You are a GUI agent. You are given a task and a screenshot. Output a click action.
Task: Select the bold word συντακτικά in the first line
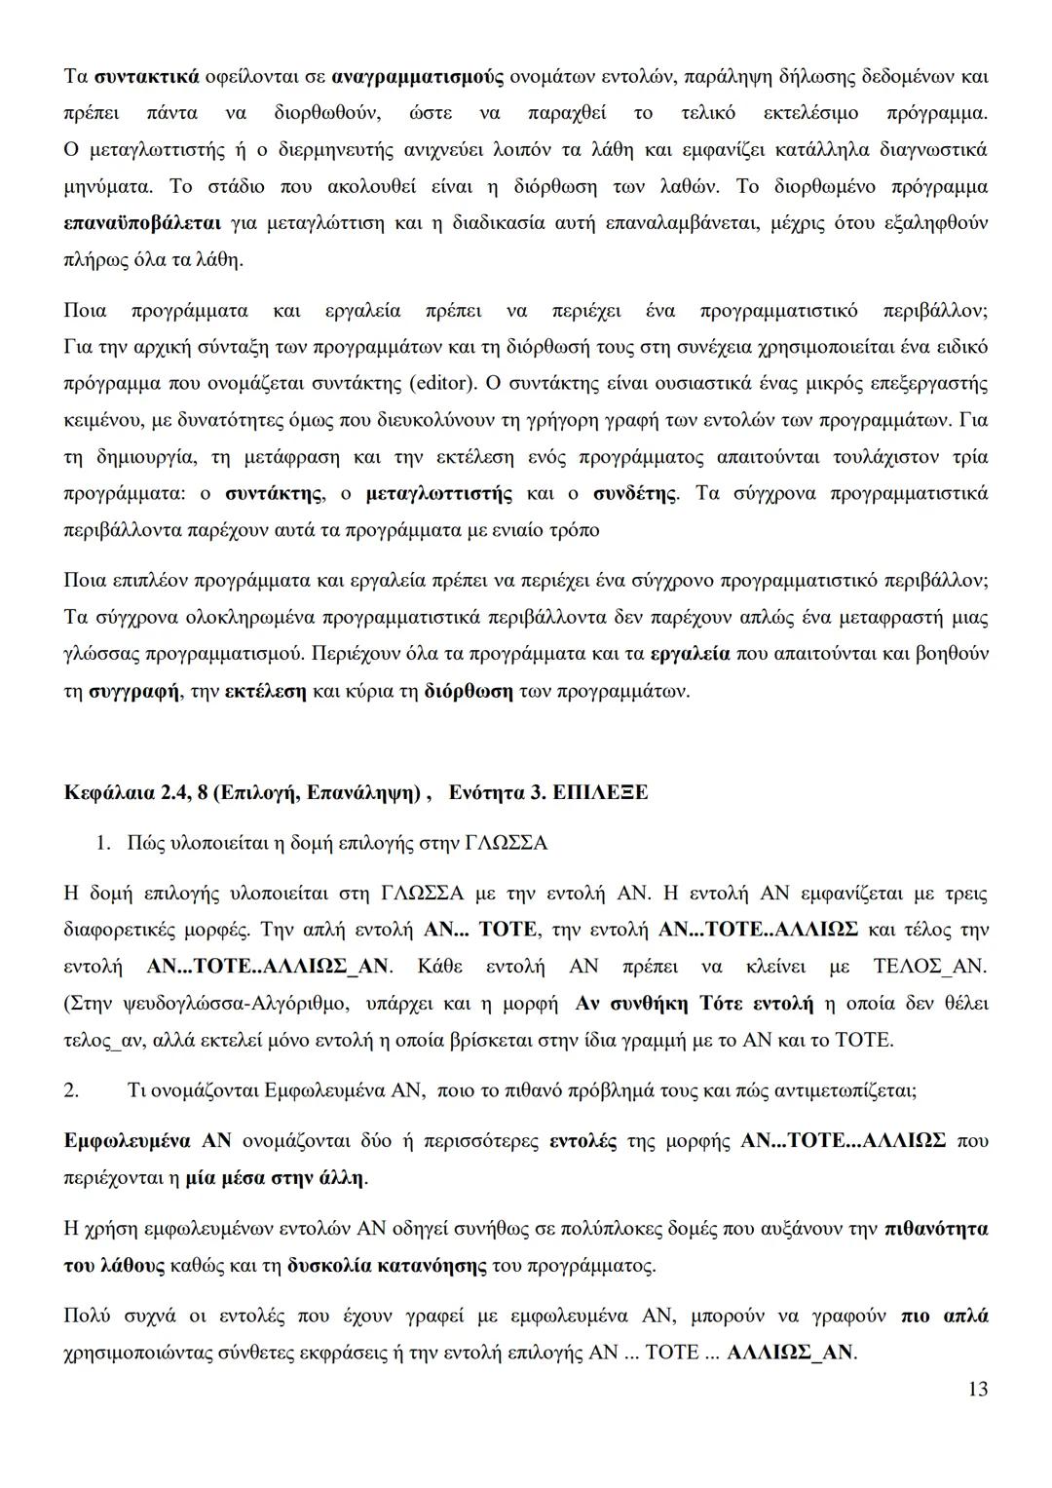[x=147, y=76]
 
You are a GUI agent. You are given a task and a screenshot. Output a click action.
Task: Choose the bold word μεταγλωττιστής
[x=439, y=494]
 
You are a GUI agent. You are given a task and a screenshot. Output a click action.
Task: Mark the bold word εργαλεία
[x=690, y=654]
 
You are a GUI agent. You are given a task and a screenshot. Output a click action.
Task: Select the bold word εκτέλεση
[x=265, y=691]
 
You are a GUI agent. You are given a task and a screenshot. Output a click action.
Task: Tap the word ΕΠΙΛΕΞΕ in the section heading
[x=599, y=792]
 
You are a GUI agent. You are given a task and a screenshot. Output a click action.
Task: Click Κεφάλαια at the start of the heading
[x=105, y=792]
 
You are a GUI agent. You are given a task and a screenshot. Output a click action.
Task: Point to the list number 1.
[x=102, y=843]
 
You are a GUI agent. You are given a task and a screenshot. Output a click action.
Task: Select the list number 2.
[x=70, y=1090]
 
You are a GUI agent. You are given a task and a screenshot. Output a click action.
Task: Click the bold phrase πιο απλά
[x=944, y=1316]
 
